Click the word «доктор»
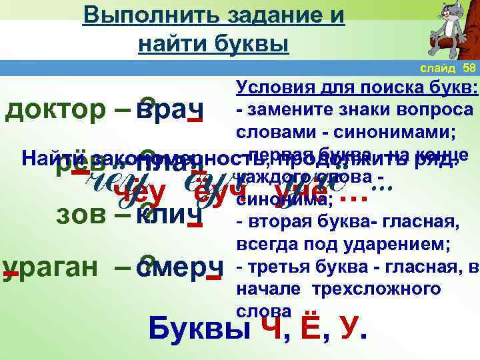(45, 109)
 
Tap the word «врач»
(168, 109)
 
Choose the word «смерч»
(178, 267)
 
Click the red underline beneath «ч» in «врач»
(195, 121)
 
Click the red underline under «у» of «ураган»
(11, 276)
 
